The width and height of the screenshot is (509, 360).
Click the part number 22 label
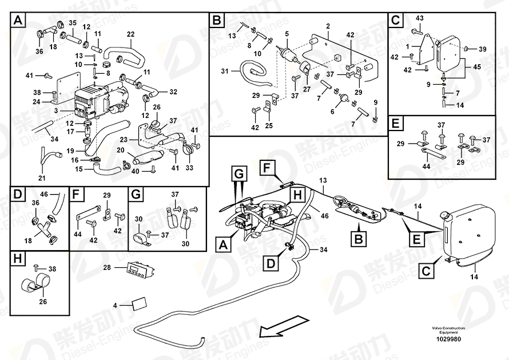tap(130, 34)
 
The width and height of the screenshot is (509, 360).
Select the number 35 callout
tap(73, 23)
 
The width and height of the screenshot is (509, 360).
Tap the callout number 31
tap(224, 71)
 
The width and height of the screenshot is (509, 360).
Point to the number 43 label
tap(419, 18)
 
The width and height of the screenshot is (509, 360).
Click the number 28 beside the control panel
tap(106, 267)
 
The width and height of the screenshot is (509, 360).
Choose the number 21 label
tap(41, 178)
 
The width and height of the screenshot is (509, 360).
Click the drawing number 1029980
tap(452, 338)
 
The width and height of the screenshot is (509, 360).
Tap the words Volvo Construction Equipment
tap(452, 330)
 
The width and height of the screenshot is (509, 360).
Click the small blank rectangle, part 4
tap(140, 304)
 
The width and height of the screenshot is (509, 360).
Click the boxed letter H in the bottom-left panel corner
tap(18, 259)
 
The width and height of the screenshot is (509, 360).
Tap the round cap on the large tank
tap(443, 216)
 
